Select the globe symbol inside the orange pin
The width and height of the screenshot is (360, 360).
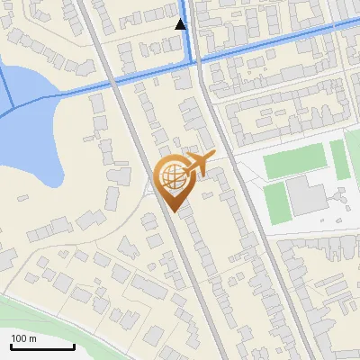(x=171, y=175)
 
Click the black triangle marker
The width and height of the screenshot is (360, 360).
(x=181, y=24)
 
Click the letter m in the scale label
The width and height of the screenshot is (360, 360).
(x=33, y=338)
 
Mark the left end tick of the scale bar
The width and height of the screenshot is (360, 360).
(x=11, y=346)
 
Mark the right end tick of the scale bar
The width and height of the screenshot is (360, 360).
(x=74, y=346)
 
